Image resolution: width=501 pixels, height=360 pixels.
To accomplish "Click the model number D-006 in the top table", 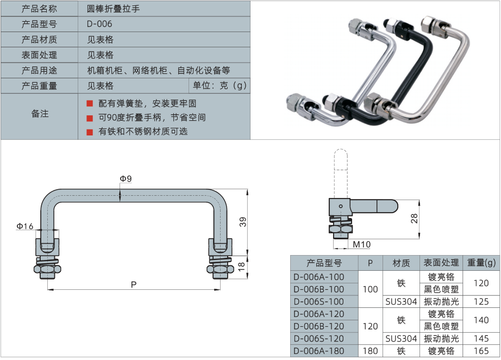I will (99, 24).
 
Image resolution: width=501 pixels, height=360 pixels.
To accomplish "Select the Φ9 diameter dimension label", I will (126, 178).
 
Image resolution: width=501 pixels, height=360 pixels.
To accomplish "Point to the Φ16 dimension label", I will (25, 226).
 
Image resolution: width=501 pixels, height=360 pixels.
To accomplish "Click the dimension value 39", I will (243, 221).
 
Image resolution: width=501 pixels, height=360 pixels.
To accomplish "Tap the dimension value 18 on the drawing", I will (243, 266).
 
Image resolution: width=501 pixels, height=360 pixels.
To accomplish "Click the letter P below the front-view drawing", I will (133, 284).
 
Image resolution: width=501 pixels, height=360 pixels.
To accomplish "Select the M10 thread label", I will (361, 244).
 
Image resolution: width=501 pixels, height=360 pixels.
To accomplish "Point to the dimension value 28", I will (414, 218).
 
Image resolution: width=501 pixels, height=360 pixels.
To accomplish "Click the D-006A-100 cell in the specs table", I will (318, 277).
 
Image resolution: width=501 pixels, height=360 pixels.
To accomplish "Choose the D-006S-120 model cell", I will (318, 339).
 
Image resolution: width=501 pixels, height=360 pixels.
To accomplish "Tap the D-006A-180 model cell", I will (318, 351).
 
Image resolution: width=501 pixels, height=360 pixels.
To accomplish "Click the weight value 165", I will (481, 351).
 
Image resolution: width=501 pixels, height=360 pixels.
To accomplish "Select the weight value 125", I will (481, 301).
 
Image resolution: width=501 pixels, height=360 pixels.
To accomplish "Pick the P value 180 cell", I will (370, 351).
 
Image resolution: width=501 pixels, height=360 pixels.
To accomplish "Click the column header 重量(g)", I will (481, 263).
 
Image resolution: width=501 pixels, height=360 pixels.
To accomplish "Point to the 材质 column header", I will (401, 263).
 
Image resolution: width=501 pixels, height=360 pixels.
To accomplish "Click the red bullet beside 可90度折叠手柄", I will (90, 117).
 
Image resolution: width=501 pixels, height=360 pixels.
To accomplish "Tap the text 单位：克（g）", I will (220, 85).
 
